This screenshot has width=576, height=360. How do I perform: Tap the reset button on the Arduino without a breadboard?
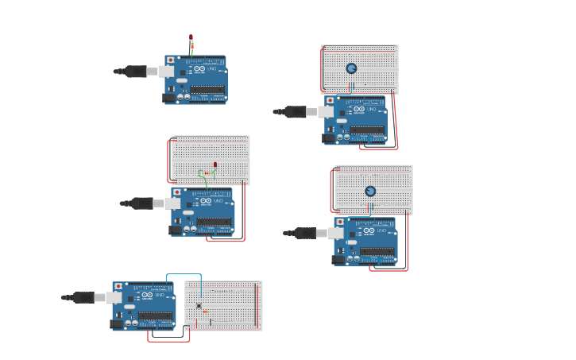tap(170, 60)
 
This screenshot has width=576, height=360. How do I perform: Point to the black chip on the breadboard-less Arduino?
tap(207, 89)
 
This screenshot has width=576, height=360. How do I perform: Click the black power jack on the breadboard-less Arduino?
tap(169, 98)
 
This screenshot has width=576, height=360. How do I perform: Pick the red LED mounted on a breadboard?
tap(215, 165)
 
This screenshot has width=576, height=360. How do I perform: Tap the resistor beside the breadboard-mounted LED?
tap(207, 172)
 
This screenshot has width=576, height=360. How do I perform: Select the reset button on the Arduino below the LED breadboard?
tap(176, 192)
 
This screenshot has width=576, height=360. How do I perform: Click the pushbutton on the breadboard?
tap(199, 306)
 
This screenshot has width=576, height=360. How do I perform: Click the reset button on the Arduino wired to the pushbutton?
tap(118, 286)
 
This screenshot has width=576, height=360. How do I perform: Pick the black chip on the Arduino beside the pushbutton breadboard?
tap(155, 315)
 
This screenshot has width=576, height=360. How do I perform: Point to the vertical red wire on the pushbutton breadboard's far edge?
tap(257, 306)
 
